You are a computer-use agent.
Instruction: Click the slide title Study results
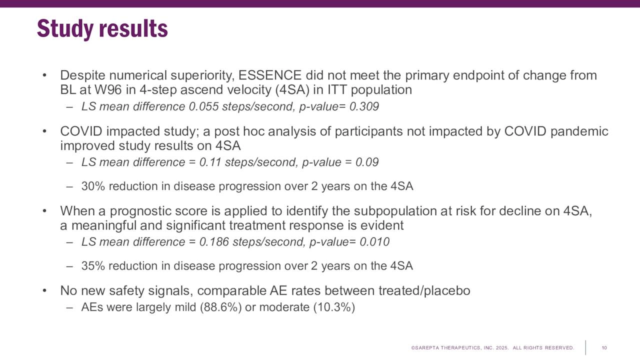102,29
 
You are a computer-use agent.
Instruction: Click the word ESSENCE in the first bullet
270,75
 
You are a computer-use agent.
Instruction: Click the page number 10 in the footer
604,347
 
